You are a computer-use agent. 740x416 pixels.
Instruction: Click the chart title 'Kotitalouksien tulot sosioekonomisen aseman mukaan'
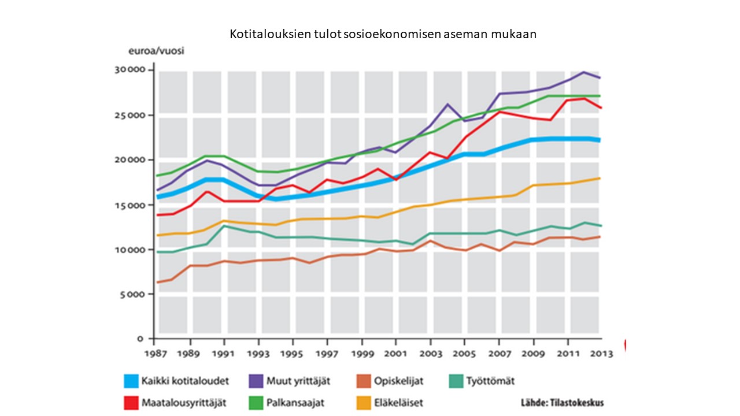[x=383, y=34]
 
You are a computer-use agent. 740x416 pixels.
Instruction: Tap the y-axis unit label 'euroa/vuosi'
[x=156, y=51]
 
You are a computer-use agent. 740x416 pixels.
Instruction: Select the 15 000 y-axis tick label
[x=130, y=206]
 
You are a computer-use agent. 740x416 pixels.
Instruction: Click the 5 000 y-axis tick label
[x=132, y=295]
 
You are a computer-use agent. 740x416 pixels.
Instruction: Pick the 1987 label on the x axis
[x=156, y=354]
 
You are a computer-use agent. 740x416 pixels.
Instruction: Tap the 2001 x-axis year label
[x=395, y=354]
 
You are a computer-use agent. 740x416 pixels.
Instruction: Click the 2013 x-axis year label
[x=601, y=354]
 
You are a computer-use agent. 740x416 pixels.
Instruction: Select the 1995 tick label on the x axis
[x=292, y=354]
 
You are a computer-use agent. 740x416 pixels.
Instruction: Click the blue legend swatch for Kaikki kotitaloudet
[x=131, y=381]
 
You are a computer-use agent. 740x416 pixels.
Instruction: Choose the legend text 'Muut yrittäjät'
[x=298, y=381]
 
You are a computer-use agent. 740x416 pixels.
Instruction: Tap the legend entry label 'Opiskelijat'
[x=399, y=381]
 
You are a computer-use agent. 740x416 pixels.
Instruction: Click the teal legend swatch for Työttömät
[x=456, y=381]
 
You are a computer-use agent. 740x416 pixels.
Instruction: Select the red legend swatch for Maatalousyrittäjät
[x=131, y=403]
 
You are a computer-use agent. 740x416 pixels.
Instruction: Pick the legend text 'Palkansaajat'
[x=295, y=403]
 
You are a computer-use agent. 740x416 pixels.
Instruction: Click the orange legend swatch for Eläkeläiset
[x=364, y=403]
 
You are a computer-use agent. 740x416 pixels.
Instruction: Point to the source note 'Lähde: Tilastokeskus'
[x=563, y=403]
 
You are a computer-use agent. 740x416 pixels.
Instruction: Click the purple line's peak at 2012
[x=584, y=72]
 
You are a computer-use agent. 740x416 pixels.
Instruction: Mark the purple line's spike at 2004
[x=447, y=105]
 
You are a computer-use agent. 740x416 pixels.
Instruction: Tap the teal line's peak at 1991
[x=224, y=226]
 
